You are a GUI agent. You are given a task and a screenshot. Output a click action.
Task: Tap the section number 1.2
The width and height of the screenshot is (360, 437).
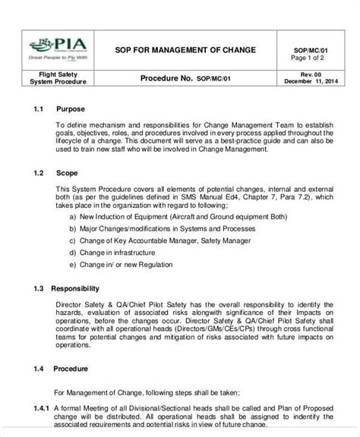[x=41, y=172]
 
